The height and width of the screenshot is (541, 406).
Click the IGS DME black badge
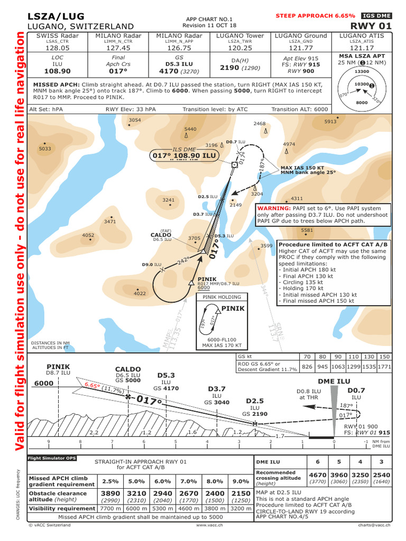(x=376, y=16)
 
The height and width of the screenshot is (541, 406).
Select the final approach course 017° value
(x=119, y=70)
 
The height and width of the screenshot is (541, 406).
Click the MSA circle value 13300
(x=361, y=71)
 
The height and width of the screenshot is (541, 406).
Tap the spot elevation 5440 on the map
(x=190, y=129)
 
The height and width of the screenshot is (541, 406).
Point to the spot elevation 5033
(x=45, y=149)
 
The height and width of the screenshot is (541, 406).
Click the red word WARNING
(x=274, y=209)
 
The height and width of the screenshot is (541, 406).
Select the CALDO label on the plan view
(x=161, y=235)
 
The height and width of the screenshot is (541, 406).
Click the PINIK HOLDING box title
(x=222, y=297)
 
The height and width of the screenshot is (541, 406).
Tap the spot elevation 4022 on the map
(x=140, y=293)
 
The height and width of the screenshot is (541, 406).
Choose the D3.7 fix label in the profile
(x=216, y=388)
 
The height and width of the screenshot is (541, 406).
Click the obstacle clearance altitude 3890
(x=110, y=492)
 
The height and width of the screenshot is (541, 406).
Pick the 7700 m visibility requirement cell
(x=110, y=508)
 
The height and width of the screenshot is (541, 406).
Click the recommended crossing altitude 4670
(x=318, y=475)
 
